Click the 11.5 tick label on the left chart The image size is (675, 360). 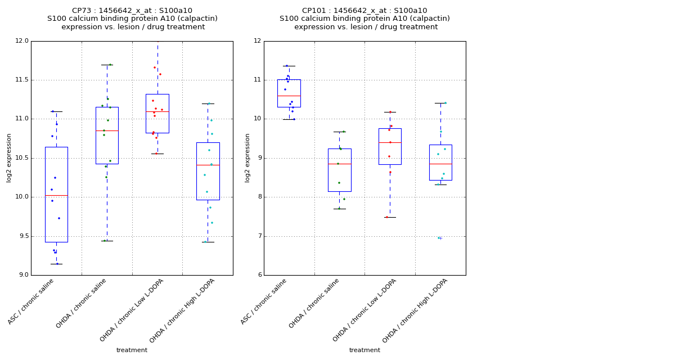pyautogui.click(x=21, y=80)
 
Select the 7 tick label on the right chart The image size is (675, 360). pyautogui.click(x=258, y=236)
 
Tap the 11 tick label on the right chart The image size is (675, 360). pyautogui.click(x=256, y=80)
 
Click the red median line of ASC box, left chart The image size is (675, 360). pyautogui.click(x=56, y=195)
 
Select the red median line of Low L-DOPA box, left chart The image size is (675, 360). pyautogui.click(x=157, y=111)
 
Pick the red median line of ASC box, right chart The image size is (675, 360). pyautogui.click(x=289, y=96)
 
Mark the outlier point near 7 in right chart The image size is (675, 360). pyautogui.click(x=439, y=238)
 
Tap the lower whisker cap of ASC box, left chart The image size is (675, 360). pyautogui.click(x=56, y=264)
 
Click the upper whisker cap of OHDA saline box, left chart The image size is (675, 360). pyautogui.click(x=107, y=65)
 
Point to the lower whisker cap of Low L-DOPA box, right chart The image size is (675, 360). pyautogui.click(x=390, y=217)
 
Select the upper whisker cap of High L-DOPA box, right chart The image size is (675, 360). pyautogui.click(x=440, y=103)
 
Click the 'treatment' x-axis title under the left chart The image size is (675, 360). pyautogui.click(x=132, y=350)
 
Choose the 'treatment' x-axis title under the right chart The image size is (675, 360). pyautogui.click(x=364, y=350)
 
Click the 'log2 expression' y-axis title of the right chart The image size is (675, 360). pyautogui.click(x=247, y=157)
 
